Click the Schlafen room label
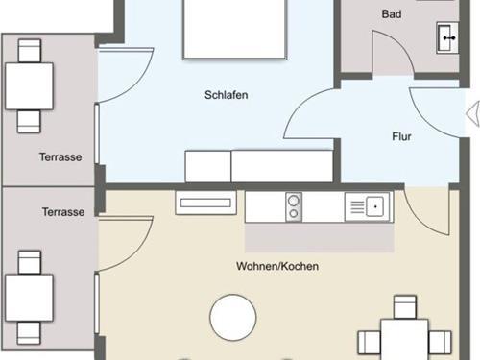(x=227, y=95)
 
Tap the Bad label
(x=392, y=14)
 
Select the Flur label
(x=401, y=136)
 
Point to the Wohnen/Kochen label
(x=277, y=266)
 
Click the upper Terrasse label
(x=60, y=157)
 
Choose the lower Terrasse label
(x=63, y=212)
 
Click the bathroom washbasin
(x=447, y=37)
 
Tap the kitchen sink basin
(x=375, y=206)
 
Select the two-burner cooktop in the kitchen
(x=294, y=207)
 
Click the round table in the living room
(x=233, y=317)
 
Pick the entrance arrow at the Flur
(x=473, y=113)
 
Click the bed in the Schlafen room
(x=234, y=30)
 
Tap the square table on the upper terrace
(x=29, y=86)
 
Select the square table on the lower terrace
(x=29, y=298)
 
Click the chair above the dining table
(x=405, y=307)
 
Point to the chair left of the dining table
(x=370, y=343)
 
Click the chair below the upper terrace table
(x=29, y=121)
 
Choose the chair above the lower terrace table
(x=30, y=262)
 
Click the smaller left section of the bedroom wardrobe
(x=208, y=166)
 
